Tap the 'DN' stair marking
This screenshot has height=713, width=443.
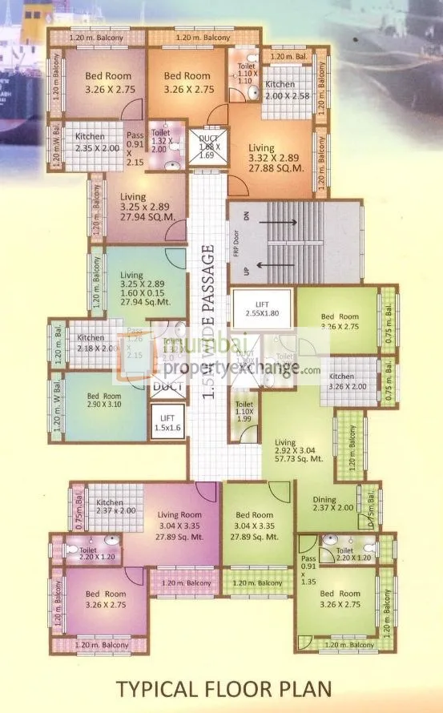click(237, 215)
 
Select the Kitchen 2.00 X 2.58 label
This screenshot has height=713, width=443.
click(280, 90)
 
